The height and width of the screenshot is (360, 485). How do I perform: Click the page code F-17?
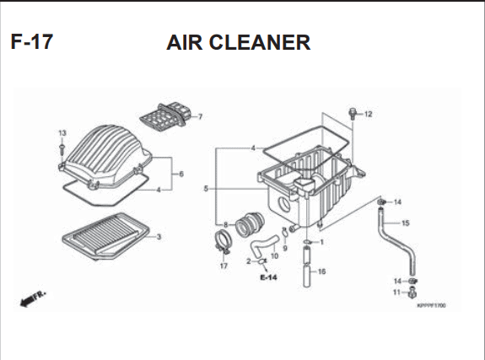32,42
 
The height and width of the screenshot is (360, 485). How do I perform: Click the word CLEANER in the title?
260,42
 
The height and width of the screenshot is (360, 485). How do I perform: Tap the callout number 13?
62,133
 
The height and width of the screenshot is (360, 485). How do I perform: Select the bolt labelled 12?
352,114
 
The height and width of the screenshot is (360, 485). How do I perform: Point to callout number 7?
201,117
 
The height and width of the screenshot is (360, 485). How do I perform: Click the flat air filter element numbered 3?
105,236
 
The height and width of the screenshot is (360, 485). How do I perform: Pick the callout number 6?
181,175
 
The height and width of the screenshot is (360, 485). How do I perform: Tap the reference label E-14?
268,277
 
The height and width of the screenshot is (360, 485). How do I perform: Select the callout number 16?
321,271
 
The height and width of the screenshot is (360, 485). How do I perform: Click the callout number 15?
405,223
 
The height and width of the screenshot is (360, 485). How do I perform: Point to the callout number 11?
396,293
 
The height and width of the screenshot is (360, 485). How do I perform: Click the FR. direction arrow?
33,298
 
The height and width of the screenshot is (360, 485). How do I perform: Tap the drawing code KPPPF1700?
432,305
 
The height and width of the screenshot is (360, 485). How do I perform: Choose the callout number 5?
206,188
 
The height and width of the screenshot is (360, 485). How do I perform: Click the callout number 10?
274,255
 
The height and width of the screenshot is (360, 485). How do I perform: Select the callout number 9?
285,248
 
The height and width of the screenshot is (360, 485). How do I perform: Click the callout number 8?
225,225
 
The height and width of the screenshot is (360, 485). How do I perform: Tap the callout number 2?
249,261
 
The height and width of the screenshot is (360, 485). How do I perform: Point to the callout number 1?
321,242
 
